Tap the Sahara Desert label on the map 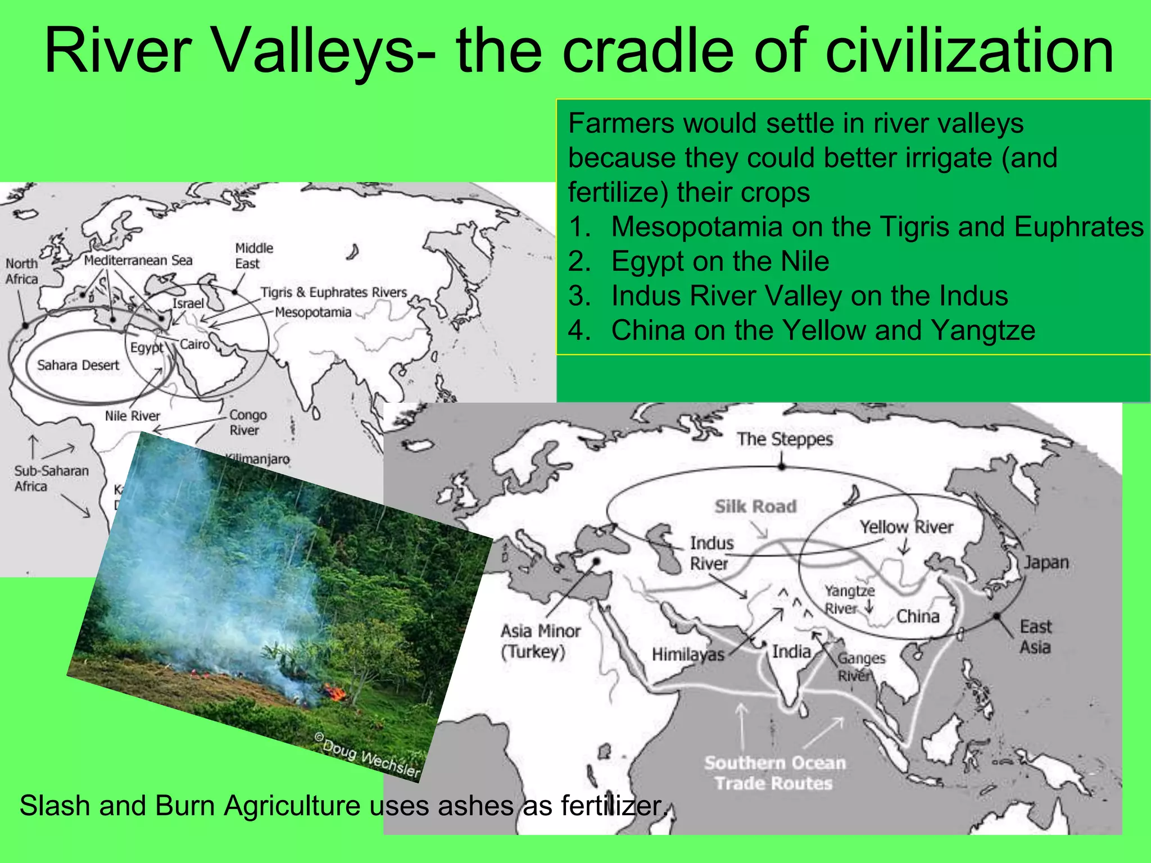tap(78, 365)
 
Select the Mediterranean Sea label tap(138, 260)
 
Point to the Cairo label tap(194, 344)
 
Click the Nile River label tap(133, 416)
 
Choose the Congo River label tap(247, 423)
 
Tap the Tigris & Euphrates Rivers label tap(333, 292)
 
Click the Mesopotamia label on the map tap(313, 312)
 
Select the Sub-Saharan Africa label tap(51, 479)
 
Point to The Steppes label tap(785, 439)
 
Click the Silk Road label tap(755, 506)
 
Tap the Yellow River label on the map tap(906, 527)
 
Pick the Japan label tap(1045, 562)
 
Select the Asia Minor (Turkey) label tap(540, 641)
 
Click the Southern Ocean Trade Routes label tap(774, 773)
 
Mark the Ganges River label tap(860, 666)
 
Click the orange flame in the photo tap(337, 693)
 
